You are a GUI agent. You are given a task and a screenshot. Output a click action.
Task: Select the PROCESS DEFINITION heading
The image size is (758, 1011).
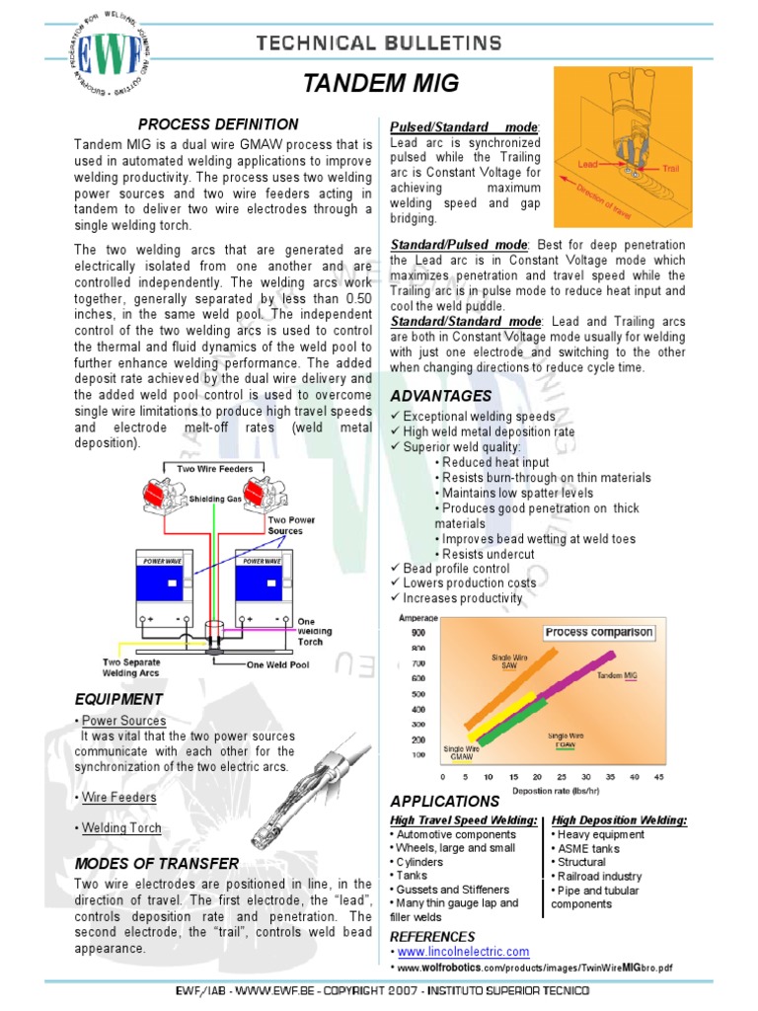tap(218, 124)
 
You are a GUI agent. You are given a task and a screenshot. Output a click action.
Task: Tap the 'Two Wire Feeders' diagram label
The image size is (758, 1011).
tap(214, 469)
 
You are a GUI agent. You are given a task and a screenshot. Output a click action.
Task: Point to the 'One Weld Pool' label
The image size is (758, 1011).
tap(277, 664)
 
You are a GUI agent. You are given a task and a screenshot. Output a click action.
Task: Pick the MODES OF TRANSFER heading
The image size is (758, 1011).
tap(157, 864)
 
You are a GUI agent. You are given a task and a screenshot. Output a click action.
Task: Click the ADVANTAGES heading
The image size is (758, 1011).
tap(440, 396)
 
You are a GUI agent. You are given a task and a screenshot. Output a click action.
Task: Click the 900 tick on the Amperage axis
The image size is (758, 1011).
tap(417, 632)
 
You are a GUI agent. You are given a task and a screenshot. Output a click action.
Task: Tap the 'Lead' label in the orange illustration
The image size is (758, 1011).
tap(588, 163)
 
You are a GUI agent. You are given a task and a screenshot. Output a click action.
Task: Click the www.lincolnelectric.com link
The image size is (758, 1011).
tap(463, 952)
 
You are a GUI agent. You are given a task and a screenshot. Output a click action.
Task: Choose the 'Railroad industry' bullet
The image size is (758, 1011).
tap(599, 876)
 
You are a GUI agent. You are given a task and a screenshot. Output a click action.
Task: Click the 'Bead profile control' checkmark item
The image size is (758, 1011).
tap(456, 569)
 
